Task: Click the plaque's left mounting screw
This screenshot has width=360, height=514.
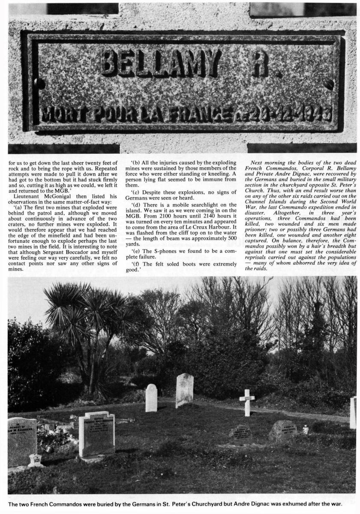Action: pyautogui.click(x=39, y=84)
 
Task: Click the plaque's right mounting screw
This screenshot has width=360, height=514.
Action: pyautogui.click(x=329, y=84)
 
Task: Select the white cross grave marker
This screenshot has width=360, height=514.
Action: pyautogui.click(x=247, y=402)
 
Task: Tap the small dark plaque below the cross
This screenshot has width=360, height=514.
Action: pyautogui.click(x=243, y=432)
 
